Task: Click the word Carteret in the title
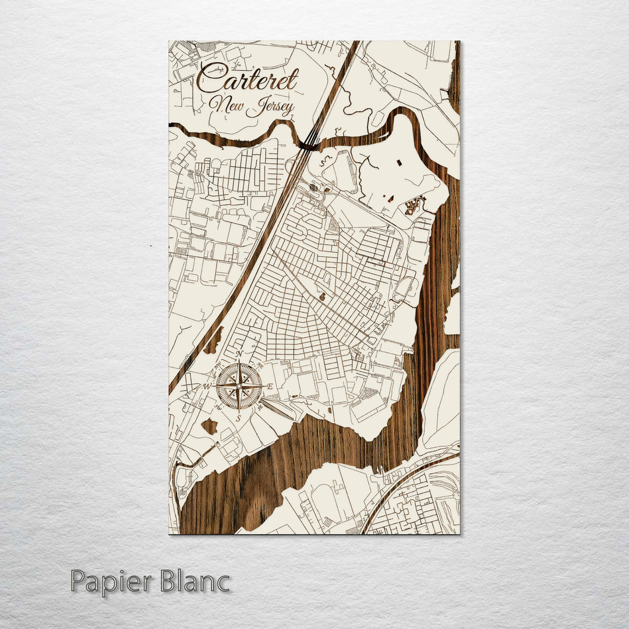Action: click(x=248, y=79)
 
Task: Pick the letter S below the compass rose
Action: click(x=238, y=418)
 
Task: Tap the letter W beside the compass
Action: click(x=207, y=386)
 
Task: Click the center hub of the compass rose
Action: click(x=239, y=386)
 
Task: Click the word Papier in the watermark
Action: click(x=112, y=582)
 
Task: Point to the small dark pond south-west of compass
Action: click(x=209, y=426)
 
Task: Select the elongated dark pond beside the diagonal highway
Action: click(x=214, y=341)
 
